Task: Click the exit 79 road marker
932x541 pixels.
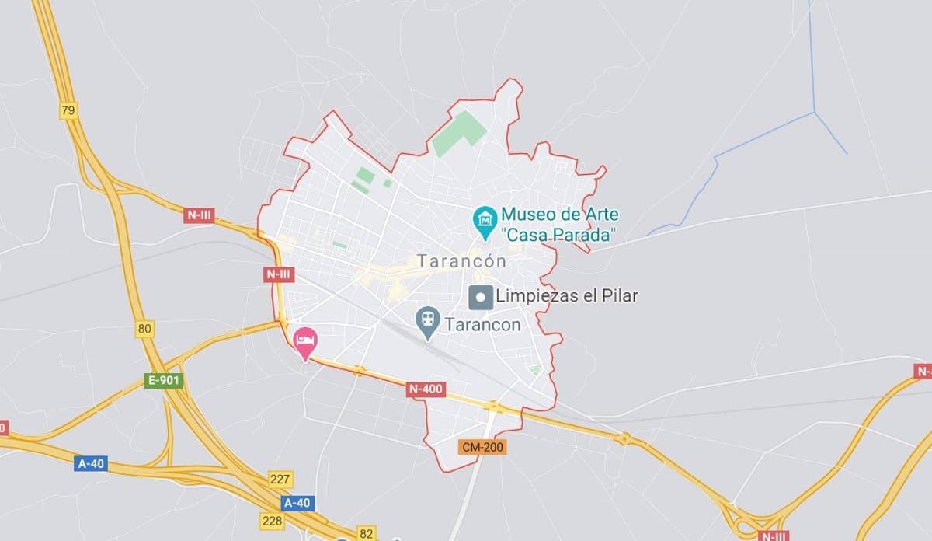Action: click(x=68, y=110)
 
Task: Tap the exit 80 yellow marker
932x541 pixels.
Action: click(x=144, y=329)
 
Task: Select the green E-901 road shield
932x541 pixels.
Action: click(x=164, y=381)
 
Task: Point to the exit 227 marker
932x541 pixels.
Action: click(x=280, y=478)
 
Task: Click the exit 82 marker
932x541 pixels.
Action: click(x=367, y=533)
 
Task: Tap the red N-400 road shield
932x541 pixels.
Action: click(x=426, y=389)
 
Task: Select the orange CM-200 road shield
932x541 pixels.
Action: click(x=482, y=447)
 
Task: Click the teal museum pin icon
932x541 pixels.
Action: click(x=485, y=221)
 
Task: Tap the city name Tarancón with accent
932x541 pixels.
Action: click(x=461, y=261)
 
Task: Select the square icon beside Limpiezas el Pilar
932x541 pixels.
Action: click(x=481, y=296)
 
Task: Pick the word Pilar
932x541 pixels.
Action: click(x=618, y=296)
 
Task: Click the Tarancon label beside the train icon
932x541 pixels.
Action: click(x=482, y=325)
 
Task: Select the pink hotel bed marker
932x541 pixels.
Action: click(x=305, y=341)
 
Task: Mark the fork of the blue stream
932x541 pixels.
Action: click(x=815, y=113)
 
